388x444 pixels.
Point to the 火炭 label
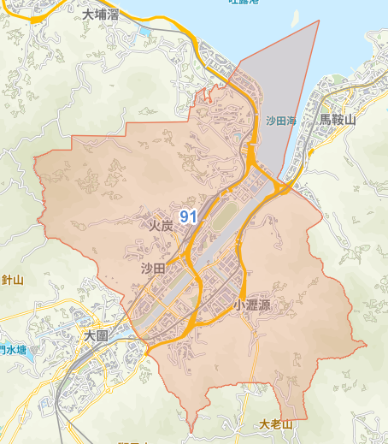pyautogui.click(x=161, y=226)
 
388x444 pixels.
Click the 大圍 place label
pyautogui.click(x=96, y=337)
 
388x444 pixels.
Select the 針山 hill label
pyautogui.click(x=12, y=280)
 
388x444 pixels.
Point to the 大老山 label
pyautogui.click(x=276, y=424)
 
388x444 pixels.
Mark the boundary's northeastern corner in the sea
pyautogui.click(x=318, y=20)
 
